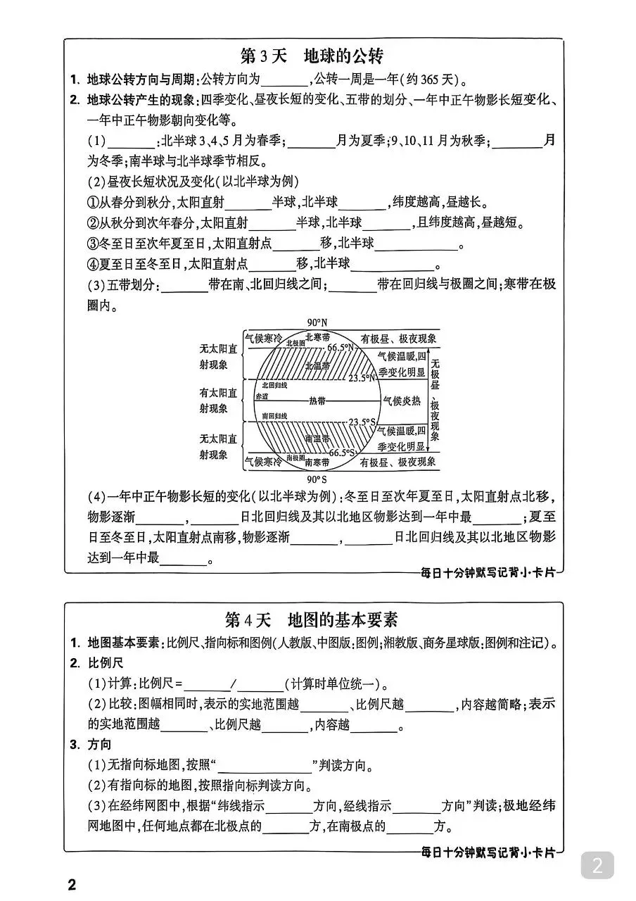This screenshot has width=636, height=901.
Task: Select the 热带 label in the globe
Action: pyautogui.click(x=317, y=400)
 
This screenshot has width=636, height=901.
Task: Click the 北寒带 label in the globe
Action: pyautogui.click(x=318, y=337)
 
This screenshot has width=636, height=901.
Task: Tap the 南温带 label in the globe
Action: pyautogui.click(x=317, y=439)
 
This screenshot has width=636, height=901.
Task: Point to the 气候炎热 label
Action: pyautogui.click(x=401, y=400)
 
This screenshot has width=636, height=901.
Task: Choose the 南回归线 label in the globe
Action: pyautogui.click(x=274, y=417)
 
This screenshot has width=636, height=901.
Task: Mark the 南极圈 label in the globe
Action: pyautogui.click(x=276, y=458)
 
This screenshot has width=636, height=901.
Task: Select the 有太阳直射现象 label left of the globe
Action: pyautogui.click(x=213, y=400)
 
